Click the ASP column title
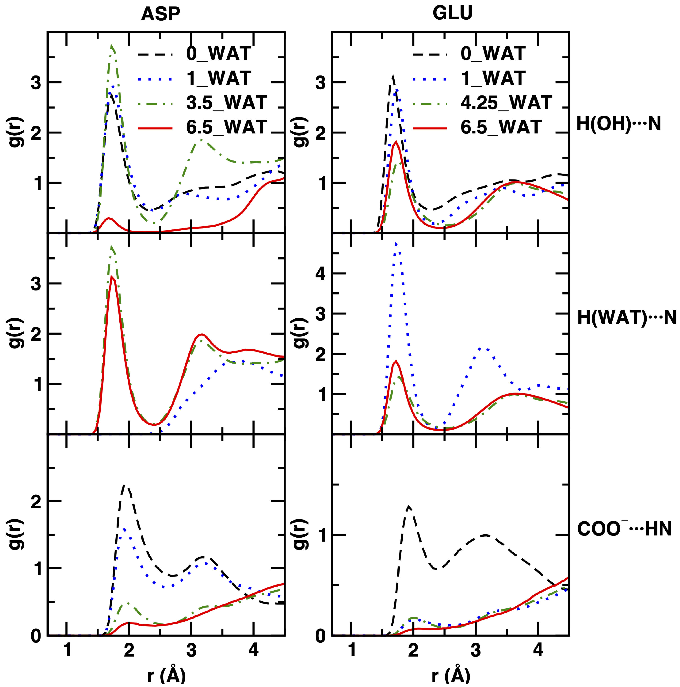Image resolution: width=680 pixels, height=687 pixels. click(161, 14)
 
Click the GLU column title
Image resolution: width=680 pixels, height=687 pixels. click(453, 13)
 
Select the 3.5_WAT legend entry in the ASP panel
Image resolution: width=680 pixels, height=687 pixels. click(226, 103)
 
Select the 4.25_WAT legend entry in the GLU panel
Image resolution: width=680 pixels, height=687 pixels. click(506, 103)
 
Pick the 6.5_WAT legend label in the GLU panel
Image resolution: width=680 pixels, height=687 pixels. click(501, 127)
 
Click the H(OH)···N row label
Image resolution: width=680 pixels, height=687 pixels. click(618, 124)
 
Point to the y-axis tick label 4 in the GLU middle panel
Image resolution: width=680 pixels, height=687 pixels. click(320, 274)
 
